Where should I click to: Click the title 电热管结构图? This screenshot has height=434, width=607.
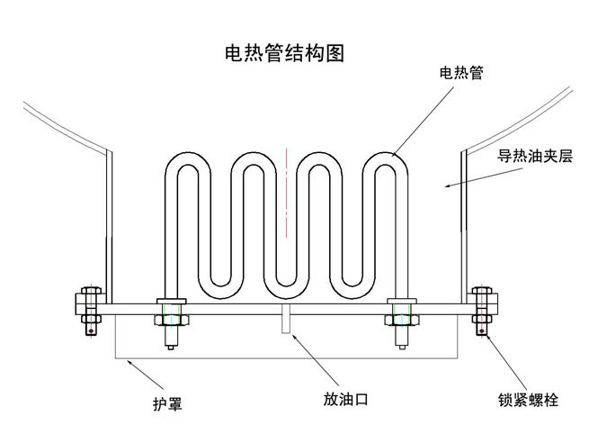pos(283,53)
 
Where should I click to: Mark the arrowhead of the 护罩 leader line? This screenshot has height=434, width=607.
pos(129,361)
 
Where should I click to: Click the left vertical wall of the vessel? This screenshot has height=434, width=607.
pos(110,225)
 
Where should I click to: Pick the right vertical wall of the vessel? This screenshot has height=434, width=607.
pos(462,225)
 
